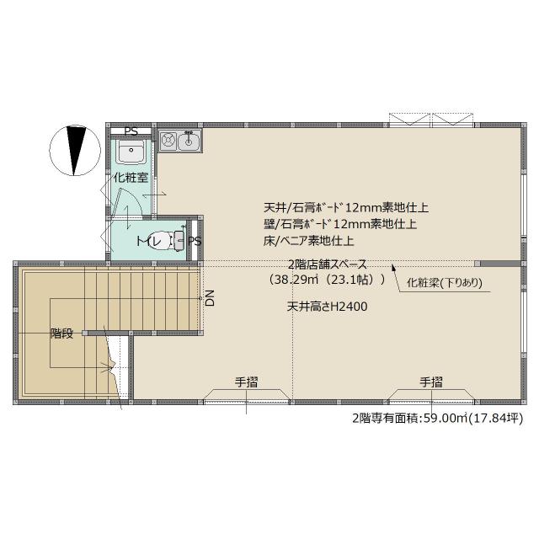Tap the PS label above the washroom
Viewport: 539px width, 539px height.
pyautogui.click(x=131, y=131)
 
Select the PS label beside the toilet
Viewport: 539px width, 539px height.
pyautogui.click(x=195, y=242)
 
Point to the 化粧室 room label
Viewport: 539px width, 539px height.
pyautogui.click(x=131, y=179)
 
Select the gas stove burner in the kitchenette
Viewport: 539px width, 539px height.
pyautogui.click(x=167, y=141)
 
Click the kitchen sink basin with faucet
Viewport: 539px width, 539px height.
pyautogui.click(x=188, y=142)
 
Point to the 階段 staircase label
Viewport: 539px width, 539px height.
pyautogui.click(x=61, y=333)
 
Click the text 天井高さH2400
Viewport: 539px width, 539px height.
pyautogui.click(x=327, y=308)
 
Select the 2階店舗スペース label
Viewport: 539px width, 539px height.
pyautogui.click(x=328, y=264)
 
